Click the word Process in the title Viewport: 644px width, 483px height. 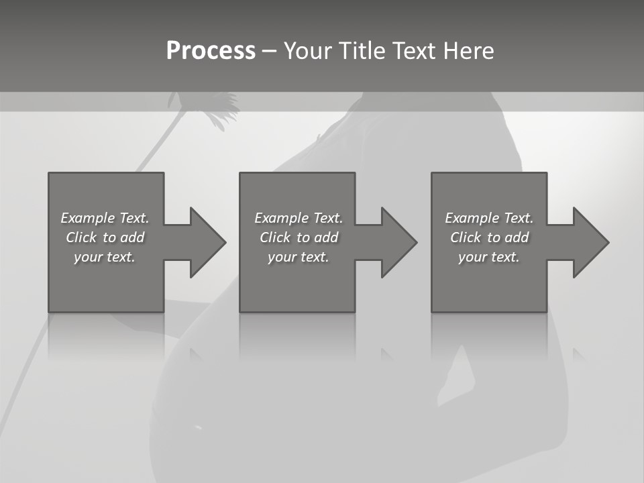click(x=211, y=51)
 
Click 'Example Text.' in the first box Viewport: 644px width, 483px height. click(x=105, y=218)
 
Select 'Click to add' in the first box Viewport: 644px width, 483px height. click(x=105, y=237)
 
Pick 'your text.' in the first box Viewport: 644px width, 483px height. click(x=105, y=257)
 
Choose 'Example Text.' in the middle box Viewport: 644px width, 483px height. click(x=299, y=218)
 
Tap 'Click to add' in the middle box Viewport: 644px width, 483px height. click(x=299, y=237)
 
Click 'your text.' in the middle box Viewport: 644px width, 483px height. click(x=299, y=257)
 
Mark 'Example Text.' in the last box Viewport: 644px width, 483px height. click(x=489, y=218)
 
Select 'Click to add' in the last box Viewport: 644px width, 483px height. click(x=489, y=237)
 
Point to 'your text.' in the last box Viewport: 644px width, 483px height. click(x=489, y=257)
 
